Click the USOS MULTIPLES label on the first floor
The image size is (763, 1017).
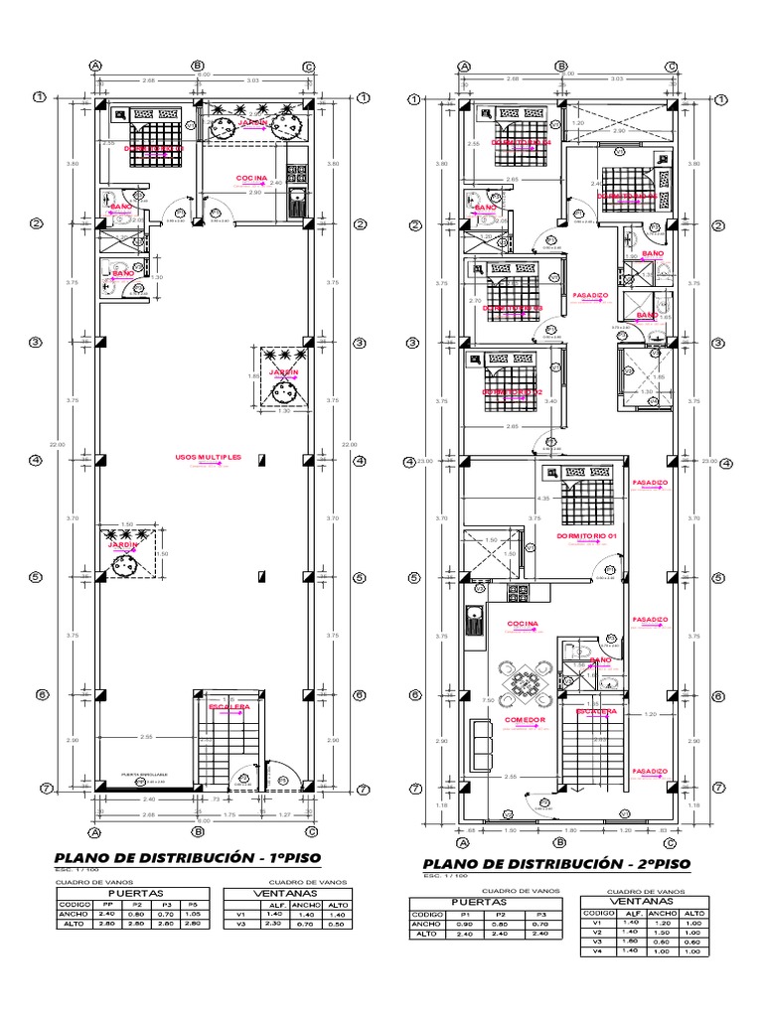pyautogui.click(x=208, y=457)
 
